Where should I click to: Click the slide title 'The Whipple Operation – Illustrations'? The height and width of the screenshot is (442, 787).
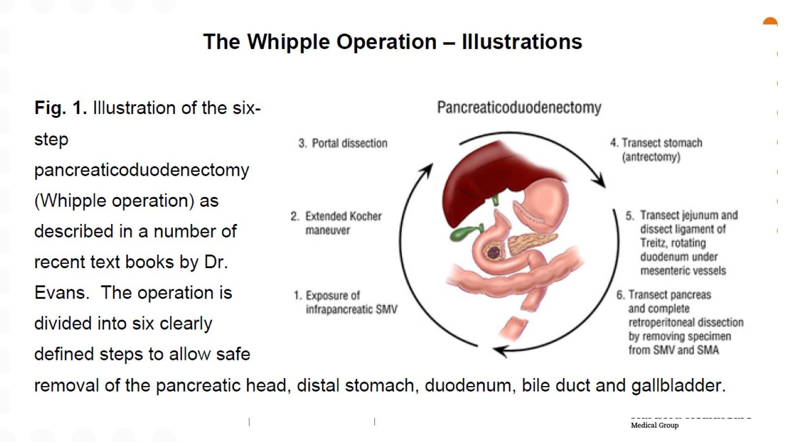click(x=393, y=42)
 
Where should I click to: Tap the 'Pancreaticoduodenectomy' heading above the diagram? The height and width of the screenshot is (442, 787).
click(x=519, y=108)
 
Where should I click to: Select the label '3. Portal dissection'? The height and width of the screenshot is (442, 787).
click(x=343, y=143)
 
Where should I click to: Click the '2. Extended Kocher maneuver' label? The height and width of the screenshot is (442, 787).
click(x=336, y=223)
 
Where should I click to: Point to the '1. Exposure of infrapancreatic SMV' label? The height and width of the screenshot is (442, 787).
click(x=346, y=302)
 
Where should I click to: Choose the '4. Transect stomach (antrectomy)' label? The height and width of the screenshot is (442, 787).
click(x=656, y=150)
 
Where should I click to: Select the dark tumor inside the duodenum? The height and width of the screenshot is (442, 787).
click(x=493, y=252)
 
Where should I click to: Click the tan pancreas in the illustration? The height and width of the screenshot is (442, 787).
click(x=531, y=243)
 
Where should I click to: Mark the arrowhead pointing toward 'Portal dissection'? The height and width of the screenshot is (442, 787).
click(x=427, y=169)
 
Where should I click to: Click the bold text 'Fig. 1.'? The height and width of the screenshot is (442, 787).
click(x=61, y=108)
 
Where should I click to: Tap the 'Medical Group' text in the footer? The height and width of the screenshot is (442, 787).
click(x=655, y=425)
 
